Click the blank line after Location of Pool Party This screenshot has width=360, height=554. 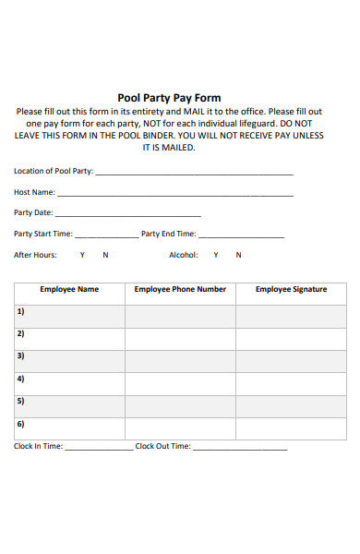tap(194, 174)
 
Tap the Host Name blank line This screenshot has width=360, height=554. tap(175, 195)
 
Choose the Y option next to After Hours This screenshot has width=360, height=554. tap(82, 255)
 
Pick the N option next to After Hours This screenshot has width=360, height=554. tap(105, 255)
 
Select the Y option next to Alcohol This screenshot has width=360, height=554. tap(216, 255)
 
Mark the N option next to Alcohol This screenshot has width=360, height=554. tap(238, 255)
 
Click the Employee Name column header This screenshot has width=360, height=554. tap(69, 289)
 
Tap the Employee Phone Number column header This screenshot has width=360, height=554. tap(180, 289)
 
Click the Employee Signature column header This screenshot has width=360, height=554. tap(291, 289)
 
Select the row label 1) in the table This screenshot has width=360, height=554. tap(20, 311)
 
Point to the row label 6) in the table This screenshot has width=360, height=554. tap(20, 424)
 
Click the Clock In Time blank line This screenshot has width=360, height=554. tap(99, 448)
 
